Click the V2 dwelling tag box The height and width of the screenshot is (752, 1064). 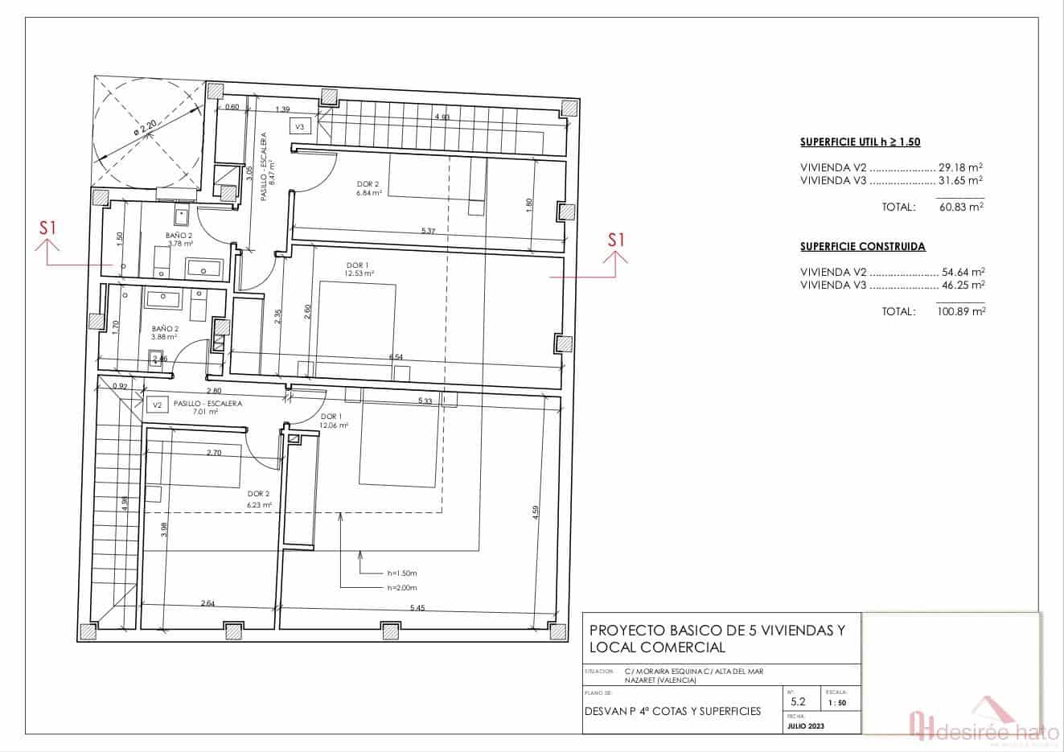157,405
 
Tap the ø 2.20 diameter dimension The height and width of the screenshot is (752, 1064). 146,126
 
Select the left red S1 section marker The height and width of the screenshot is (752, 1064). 48,228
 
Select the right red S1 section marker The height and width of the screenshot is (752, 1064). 616,239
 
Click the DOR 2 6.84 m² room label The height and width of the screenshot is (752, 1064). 368,188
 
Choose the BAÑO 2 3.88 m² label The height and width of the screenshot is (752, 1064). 165,333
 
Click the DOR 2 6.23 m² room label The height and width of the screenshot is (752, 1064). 259,499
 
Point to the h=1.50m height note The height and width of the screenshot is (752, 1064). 401,573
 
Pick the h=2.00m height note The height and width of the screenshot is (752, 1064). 401,588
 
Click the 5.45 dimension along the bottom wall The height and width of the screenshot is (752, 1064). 417,608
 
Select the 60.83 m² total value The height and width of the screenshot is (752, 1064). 961,207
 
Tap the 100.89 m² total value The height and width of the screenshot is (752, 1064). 961,311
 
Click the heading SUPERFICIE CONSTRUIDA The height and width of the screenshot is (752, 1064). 863,247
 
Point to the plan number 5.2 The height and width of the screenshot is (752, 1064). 797,701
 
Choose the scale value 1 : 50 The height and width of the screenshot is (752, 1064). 836,703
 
